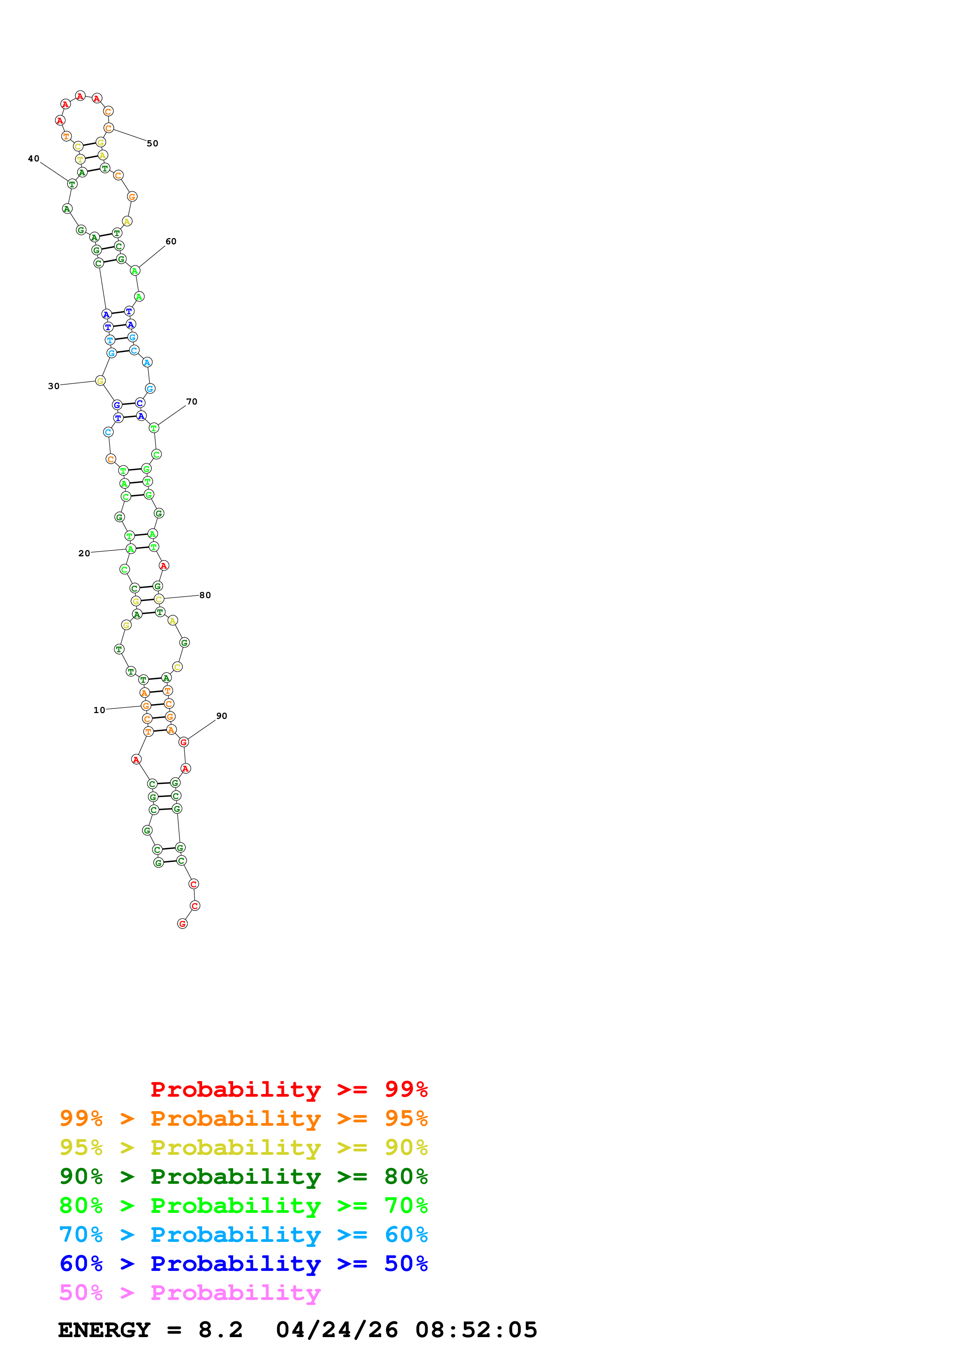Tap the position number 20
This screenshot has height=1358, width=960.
click(84, 553)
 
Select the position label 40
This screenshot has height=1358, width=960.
click(34, 158)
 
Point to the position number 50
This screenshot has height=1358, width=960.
click(153, 143)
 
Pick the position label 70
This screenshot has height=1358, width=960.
click(192, 401)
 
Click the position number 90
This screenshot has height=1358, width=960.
click(221, 716)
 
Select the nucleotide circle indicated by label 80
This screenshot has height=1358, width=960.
click(158, 599)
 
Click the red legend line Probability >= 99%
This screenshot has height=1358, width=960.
click(289, 1089)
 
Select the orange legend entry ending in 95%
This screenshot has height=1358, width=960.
click(243, 1118)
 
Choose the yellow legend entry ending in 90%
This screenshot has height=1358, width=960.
click(243, 1147)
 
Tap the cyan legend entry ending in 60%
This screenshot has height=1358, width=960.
click(243, 1235)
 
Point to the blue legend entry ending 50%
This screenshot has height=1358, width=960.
click(243, 1264)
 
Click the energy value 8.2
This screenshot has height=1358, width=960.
click(220, 1330)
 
